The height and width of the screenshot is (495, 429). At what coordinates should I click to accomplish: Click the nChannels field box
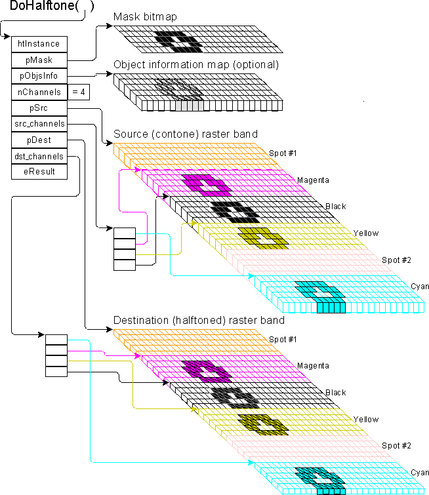39,92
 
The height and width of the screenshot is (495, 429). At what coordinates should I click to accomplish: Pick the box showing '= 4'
78,92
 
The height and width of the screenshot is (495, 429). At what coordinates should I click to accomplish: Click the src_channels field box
39,124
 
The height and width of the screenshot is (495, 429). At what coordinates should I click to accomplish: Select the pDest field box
39,140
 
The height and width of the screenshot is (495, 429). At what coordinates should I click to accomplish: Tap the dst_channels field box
39,156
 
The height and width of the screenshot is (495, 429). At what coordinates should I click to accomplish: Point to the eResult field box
39,172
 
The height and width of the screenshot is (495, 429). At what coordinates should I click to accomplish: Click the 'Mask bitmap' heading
145,16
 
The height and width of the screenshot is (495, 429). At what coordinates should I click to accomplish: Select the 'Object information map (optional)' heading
196,64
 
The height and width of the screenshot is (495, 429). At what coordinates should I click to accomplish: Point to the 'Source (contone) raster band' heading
186,134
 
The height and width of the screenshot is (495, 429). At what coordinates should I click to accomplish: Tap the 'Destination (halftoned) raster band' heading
199,320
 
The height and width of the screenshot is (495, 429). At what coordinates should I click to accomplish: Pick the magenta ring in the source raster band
207,186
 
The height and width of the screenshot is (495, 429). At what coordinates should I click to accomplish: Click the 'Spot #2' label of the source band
396,260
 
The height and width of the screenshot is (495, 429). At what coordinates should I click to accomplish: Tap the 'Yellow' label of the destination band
366,420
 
